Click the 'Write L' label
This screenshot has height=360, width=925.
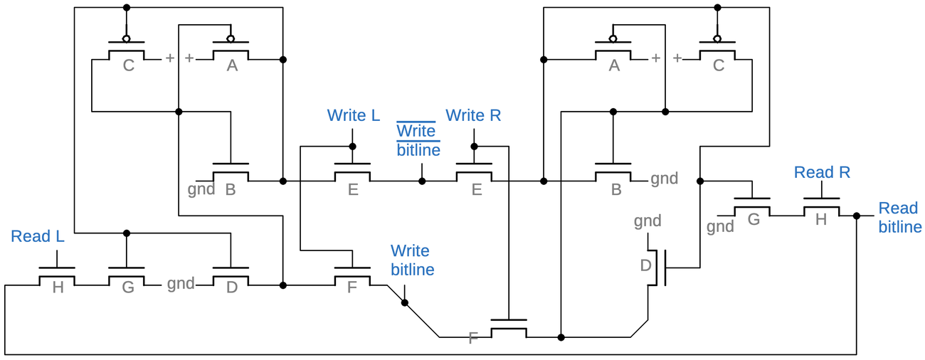pos(353,115)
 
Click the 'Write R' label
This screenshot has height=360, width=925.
pos(474,115)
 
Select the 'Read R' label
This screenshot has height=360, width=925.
pos(822,172)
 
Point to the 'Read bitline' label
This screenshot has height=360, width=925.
pos(899,217)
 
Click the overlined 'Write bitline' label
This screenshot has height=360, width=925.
pos(418,140)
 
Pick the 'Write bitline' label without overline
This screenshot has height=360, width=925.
pos(412,260)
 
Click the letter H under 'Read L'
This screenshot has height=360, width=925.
pos(58,287)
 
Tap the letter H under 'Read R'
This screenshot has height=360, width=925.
pos(820,220)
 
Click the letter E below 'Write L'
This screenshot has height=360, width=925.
pos(353,190)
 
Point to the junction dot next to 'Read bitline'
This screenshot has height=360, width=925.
pos(857,216)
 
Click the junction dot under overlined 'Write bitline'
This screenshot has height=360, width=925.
pos(422,181)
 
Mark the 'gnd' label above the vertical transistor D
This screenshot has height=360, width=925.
pos(647,221)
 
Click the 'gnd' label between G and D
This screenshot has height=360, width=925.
pos(181,284)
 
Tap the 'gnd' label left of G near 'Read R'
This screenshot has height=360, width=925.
pos(720,226)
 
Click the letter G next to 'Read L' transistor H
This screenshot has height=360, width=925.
pos(128,287)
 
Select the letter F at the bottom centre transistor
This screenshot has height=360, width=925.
pos(473,338)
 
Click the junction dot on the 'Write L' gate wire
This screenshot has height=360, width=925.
pos(352,147)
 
